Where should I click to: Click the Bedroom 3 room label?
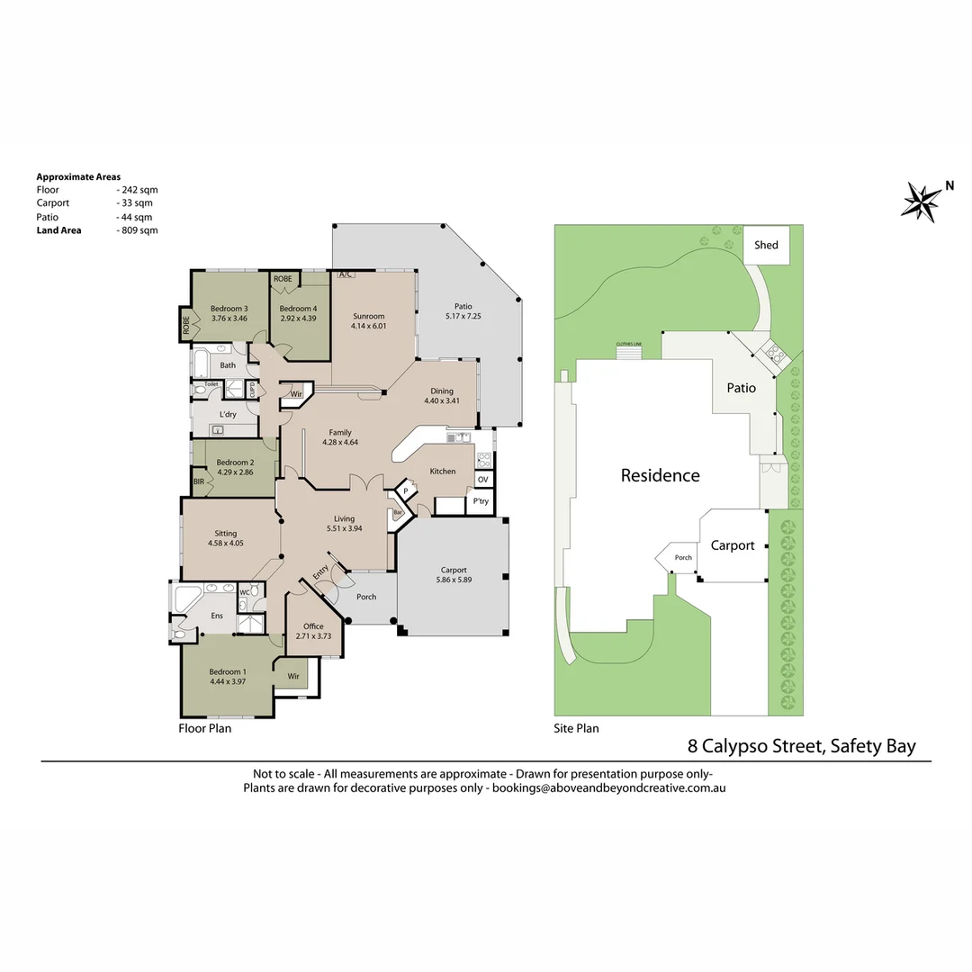pyautogui.click(x=229, y=309)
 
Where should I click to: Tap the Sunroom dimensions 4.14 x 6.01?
pyautogui.click(x=369, y=326)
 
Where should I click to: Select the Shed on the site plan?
pyautogui.click(x=766, y=245)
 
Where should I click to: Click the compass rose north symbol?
pyautogui.click(x=921, y=200)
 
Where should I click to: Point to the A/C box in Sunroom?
pyautogui.click(x=344, y=275)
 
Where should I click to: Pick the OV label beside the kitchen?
pyautogui.click(x=482, y=480)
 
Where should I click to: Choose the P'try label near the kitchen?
pyautogui.click(x=481, y=501)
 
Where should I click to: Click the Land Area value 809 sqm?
pyautogui.click(x=138, y=230)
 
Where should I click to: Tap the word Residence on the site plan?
pyautogui.click(x=660, y=475)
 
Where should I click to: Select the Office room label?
pyautogui.click(x=313, y=626)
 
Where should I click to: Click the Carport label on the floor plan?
pyautogui.click(x=453, y=570)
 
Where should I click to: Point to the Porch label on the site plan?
pyautogui.click(x=683, y=558)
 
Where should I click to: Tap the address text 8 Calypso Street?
pyautogui.click(x=755, y=745)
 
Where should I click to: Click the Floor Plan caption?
pyautogui.click(x=204, y=728)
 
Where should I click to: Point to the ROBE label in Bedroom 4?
pyautogui.click(x=283, y=279)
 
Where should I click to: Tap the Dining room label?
pyautogui.click(x=442, y=391)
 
